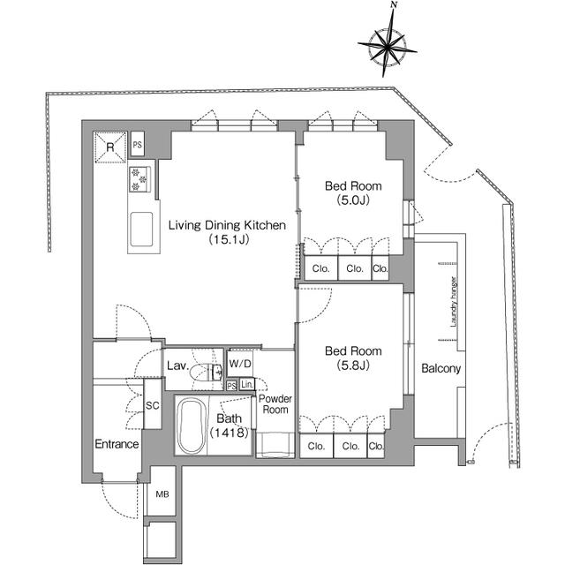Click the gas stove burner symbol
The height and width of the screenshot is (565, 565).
(139, 179)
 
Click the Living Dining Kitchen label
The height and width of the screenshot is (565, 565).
(227, 226)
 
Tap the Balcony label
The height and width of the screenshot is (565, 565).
(441, 369)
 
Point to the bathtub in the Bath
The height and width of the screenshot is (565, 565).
(191, 426)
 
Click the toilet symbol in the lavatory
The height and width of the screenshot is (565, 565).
(212, 372)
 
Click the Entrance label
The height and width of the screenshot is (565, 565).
(117, 444)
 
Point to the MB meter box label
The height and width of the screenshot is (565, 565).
(163, 494)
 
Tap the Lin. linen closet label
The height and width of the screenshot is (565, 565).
(247, 385)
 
